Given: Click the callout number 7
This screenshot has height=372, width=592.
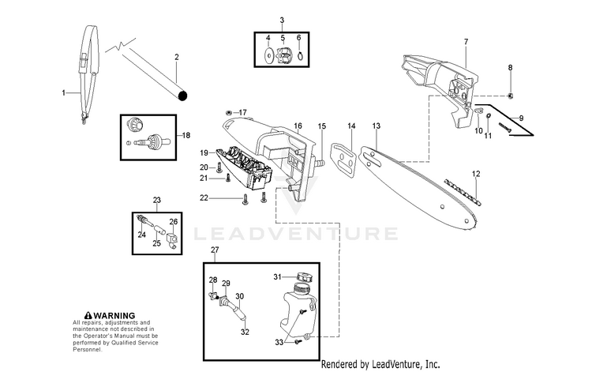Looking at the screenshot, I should (466, 41).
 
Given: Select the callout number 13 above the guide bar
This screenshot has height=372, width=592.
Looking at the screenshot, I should (377, 126).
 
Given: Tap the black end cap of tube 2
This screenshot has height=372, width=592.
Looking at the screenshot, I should (183, 96).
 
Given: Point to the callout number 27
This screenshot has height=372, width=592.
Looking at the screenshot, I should (214, 250).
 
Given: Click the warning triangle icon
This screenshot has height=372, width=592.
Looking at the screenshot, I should (77, 315).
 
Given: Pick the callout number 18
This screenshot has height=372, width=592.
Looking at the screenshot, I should (186, 135).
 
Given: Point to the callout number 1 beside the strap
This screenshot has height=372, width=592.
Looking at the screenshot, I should (64, 93).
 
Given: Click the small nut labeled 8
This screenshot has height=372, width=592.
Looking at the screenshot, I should (511, 96).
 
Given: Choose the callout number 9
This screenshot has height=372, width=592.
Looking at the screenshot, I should (520, 117).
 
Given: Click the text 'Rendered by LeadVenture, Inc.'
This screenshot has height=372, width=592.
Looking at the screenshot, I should (380, 364).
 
